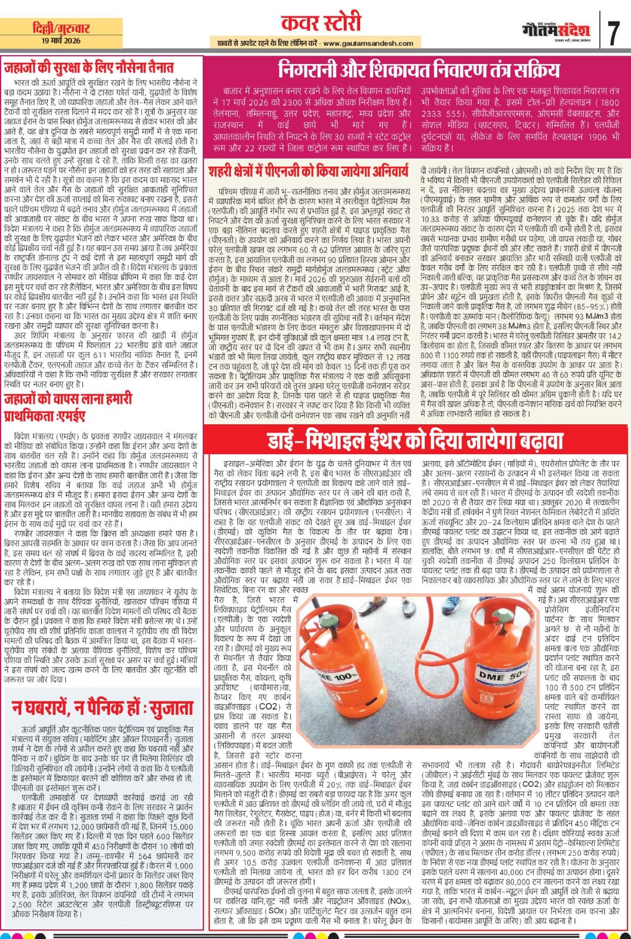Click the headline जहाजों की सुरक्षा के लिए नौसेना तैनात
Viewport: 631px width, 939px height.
click(x=97, y=67)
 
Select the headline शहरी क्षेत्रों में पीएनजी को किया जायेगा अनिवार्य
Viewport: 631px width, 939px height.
click(x=308, y=171)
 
